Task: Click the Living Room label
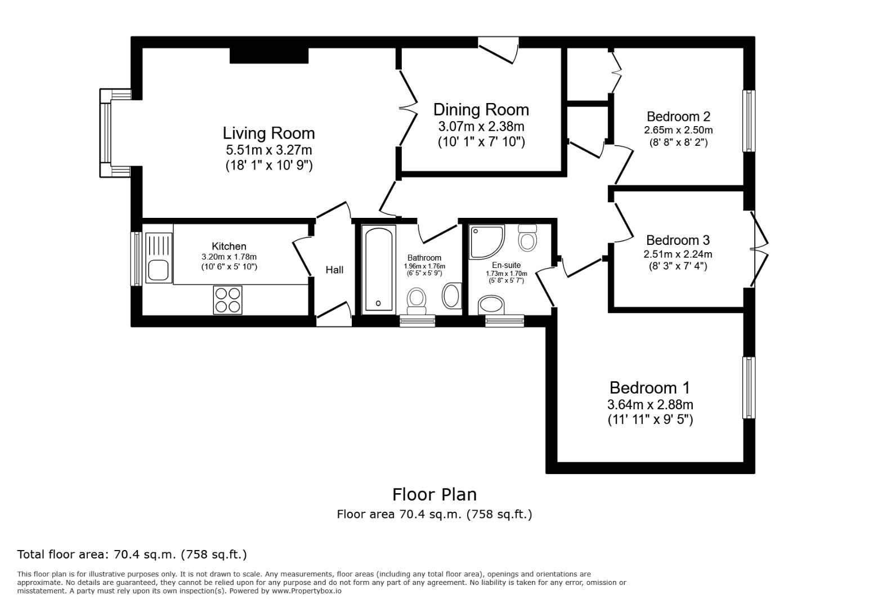click(x=268, y=133)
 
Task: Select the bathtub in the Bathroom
click(x=380, y=269)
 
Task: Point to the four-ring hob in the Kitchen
click(x=227, y=299)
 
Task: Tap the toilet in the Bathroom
click(x=416, y=299)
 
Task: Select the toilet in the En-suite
click(x=527, y=238)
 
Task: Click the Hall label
click(x=334, y=270)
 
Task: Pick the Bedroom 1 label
click(x=649, y=388)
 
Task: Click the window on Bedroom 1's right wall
click(x=749, y=387)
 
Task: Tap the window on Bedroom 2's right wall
click(x=749, y=120)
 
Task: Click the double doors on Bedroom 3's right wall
click(x=759, y=248)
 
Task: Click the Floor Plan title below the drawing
click(x=434, y=494)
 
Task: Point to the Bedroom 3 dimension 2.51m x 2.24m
click(x=678, y=254)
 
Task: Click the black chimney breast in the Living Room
click(x=269, y=55)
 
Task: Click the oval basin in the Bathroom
click(x=451, y=296)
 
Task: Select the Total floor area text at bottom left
click(x=132, y=555)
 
